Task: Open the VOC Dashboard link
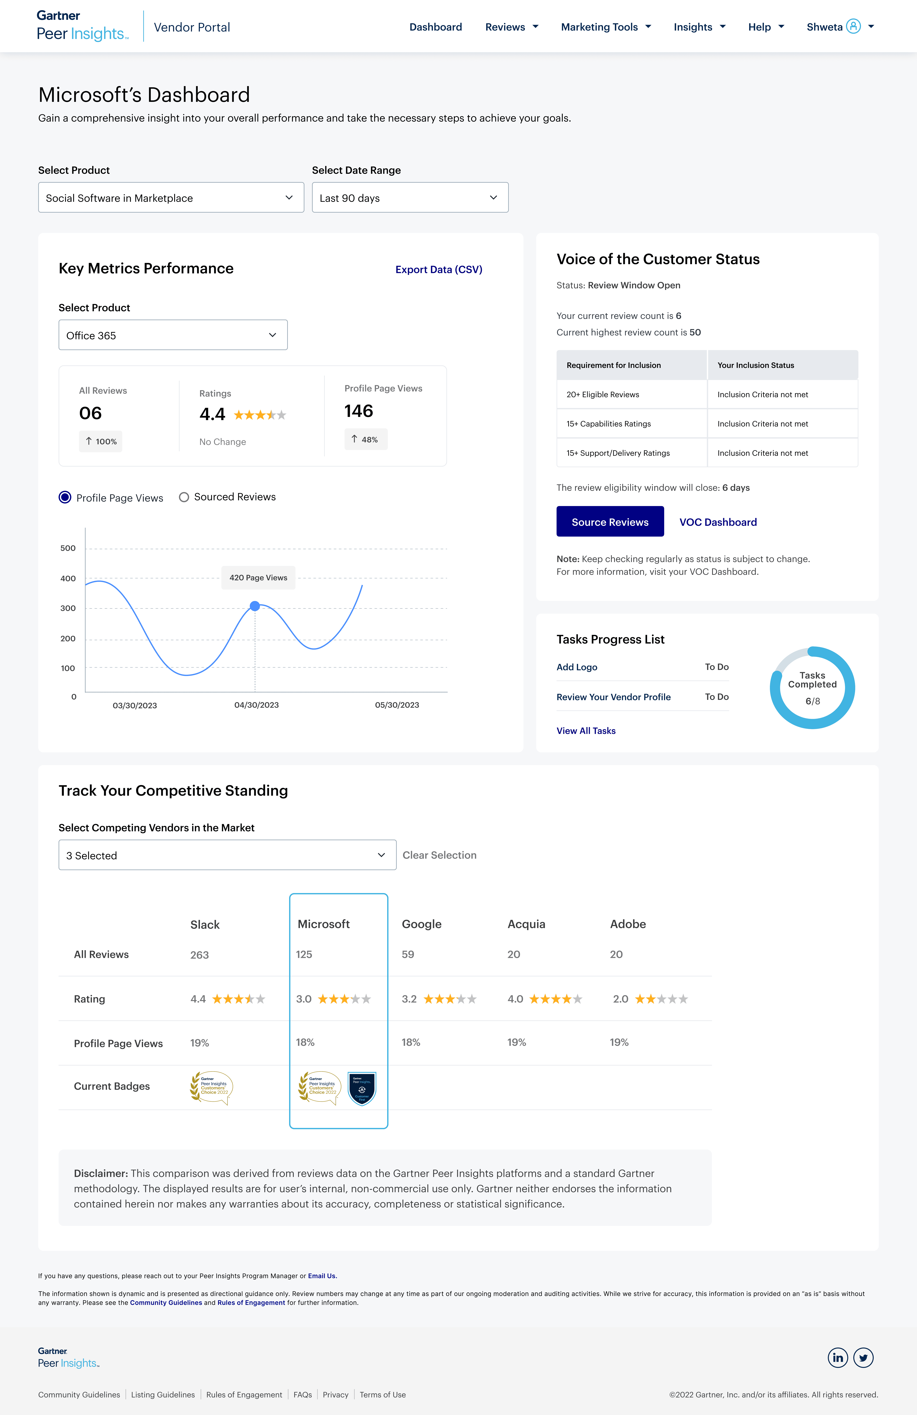(718, 522)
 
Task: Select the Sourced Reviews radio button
(184, 497)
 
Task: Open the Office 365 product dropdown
(172, 335)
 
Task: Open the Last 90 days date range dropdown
(410, 198)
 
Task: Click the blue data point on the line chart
(255, 606)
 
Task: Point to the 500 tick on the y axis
(68, 548)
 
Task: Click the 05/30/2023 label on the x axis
(397, 705)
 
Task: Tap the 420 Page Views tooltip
(258, 577)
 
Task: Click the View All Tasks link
(586, 731)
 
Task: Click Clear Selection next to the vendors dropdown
(439, 855)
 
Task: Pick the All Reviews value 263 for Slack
(199, 955)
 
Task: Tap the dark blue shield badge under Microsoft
(362, 1088)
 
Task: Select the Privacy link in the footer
(335, 1395)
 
